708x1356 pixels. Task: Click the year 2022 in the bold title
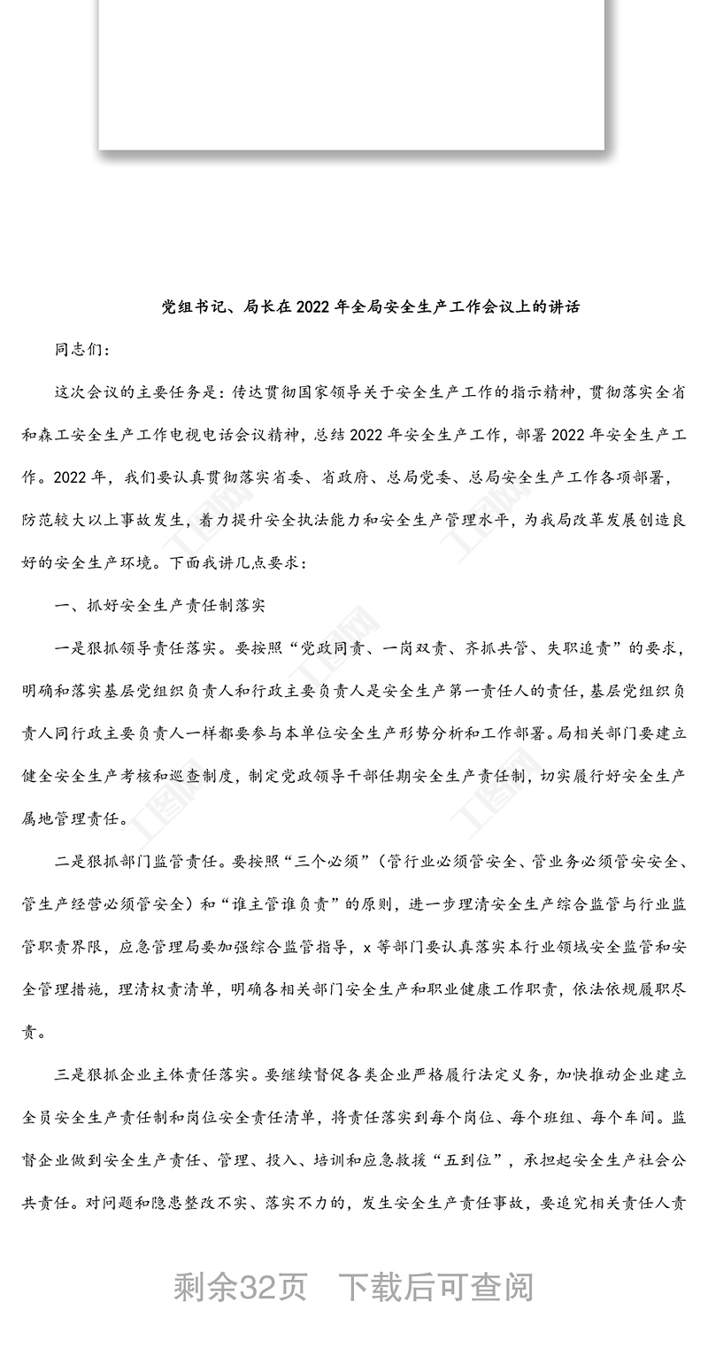pos(312,307)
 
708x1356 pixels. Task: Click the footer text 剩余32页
pos(240,1286)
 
